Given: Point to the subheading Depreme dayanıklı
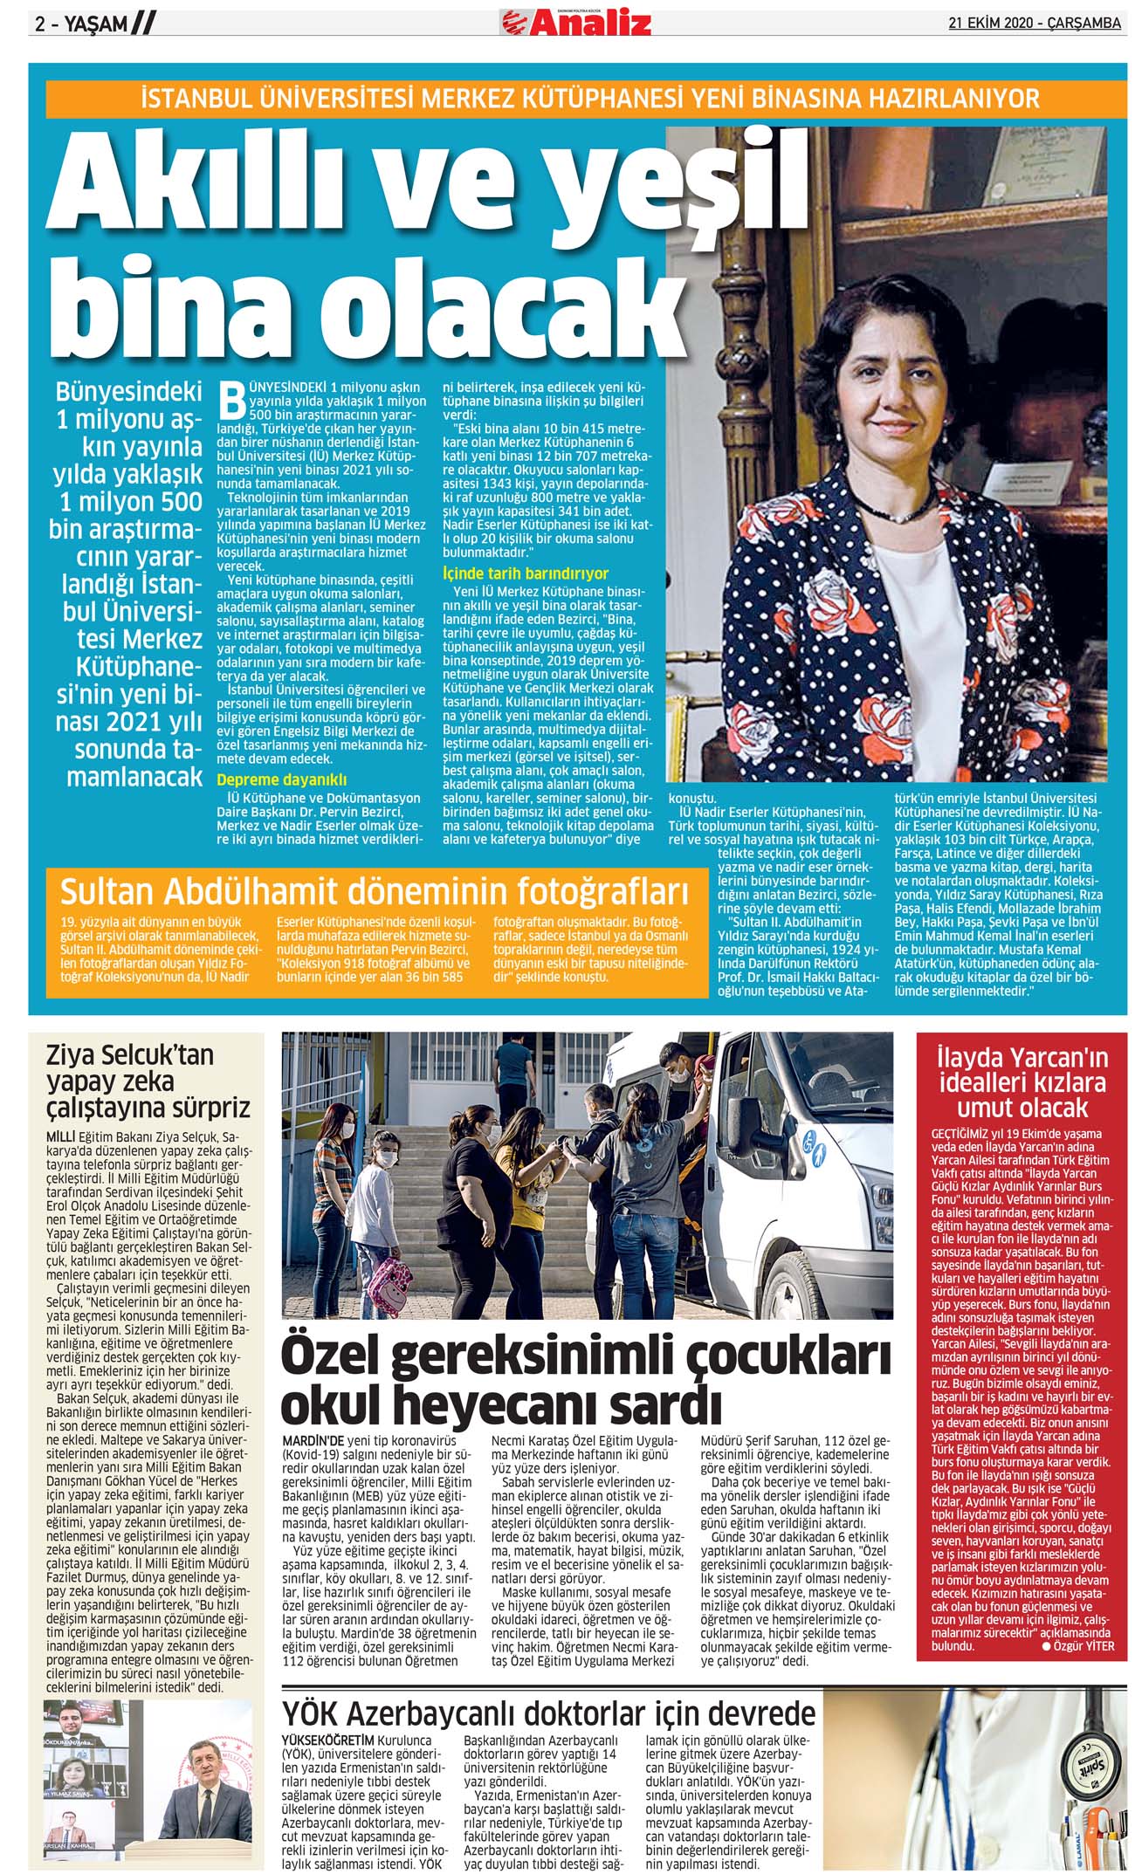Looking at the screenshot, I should pos(281,779).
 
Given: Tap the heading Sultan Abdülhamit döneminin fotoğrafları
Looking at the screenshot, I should pos(374,892).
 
